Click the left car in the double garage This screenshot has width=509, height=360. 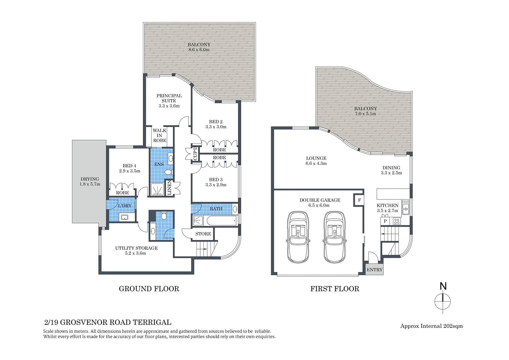tap(298, 236)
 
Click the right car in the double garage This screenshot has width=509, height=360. tap(334, 236)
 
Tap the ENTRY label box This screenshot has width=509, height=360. tap(374, 270)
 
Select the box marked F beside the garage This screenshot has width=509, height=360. tap(359, 200)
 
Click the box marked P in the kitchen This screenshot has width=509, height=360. tap(385, 221)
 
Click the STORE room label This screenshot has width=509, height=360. tap(203, 234)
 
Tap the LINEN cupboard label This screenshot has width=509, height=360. tap(169, 188)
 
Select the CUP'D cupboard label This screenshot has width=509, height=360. tap(195, 153)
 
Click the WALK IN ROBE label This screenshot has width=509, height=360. tap(159, 135)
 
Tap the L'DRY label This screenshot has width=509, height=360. tap(125, 206)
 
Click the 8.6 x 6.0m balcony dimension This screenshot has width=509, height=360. tap(199, 50)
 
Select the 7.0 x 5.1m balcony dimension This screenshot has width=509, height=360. tap(365, 114)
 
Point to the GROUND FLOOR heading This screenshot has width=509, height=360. tap(149, 289)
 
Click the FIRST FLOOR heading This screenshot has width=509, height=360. tap(334, 289)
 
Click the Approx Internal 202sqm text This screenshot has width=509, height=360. tap(431, 326)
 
